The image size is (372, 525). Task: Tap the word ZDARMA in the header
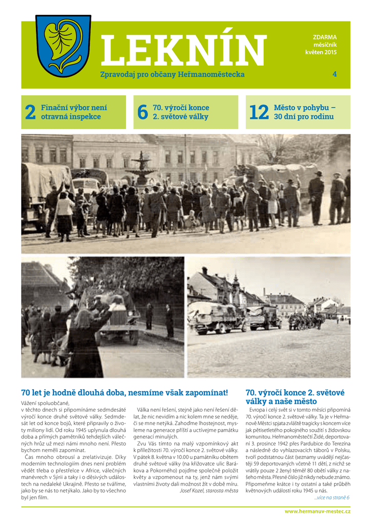coord(325,37)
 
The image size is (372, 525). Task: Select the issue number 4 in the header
coord(335,74)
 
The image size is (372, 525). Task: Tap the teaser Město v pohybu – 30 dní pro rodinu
coord(304,112)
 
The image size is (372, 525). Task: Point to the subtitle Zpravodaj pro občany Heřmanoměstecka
coord(172,74)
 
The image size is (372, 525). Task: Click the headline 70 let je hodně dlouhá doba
coord(124,393)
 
